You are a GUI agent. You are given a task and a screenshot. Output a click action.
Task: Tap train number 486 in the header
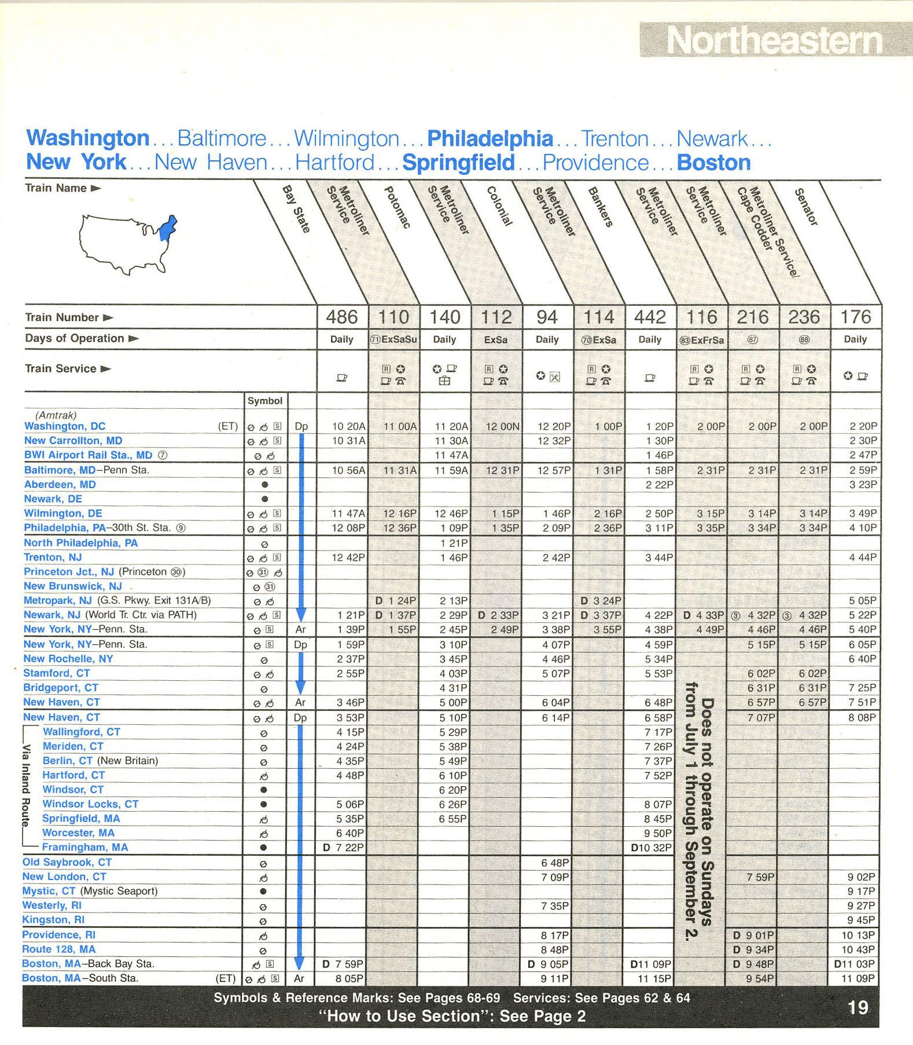click(341, 317)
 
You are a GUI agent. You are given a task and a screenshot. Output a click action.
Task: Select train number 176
click(855, 317)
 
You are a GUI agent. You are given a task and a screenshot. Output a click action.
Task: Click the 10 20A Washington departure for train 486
click(348, 426)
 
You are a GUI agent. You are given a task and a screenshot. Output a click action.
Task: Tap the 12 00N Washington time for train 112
click(502, 426)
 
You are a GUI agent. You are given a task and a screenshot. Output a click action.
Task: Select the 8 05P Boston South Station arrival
click(348, 978)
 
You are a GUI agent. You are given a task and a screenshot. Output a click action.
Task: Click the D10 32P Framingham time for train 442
click(651, 848)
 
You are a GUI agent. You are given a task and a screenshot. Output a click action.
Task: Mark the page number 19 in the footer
click(857, 1008)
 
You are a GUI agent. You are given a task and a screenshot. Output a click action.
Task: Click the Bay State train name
click(296, 209)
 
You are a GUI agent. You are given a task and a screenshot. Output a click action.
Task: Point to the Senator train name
click(806, 207)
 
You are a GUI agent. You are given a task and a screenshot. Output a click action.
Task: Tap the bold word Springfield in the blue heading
click(458, 163)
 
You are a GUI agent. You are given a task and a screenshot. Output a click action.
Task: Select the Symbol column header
click(265, 401)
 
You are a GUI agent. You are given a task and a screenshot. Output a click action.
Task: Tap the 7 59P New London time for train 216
click(760, 877)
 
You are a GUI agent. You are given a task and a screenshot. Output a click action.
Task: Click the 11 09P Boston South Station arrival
click(858, 978)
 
